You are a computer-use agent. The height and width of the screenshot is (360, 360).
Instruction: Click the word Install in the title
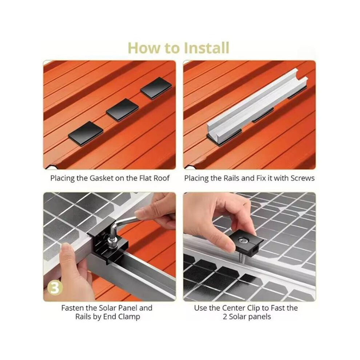(207, 48)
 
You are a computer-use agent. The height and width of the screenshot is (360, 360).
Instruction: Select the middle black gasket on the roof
(123, 110)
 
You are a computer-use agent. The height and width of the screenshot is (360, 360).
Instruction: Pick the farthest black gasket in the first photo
(156, 88)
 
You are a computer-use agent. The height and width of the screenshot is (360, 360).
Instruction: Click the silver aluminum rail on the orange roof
(257, 108)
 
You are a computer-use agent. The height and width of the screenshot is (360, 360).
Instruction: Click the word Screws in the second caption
(303, 178)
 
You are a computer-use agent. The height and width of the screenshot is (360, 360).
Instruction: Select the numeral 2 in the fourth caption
(225, 317)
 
